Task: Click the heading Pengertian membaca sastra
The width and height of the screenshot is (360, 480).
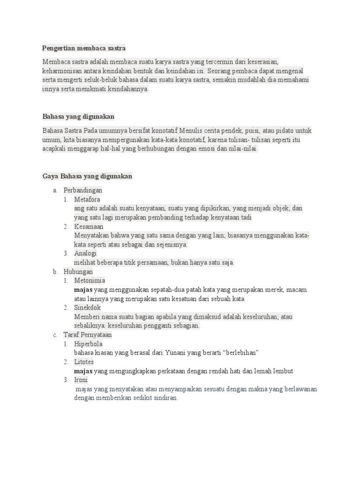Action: (84, 48)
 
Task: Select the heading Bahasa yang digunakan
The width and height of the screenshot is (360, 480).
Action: (78, 116)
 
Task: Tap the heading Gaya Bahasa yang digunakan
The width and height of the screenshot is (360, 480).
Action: (87, 176)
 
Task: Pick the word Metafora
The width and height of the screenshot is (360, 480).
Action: (87, 199)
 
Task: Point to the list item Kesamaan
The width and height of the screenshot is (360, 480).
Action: (89, 226)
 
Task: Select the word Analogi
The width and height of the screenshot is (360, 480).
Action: (85, 254)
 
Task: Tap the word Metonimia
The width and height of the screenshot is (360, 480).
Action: (90, 281)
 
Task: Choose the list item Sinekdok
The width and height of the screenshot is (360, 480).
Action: (88, 308)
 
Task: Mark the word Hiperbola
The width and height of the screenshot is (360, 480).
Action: (88, 344)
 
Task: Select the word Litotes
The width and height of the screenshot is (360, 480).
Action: (84, 362)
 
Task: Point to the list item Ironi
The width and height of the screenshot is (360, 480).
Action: (82, 380)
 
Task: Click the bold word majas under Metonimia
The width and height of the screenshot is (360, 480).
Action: (83, 290)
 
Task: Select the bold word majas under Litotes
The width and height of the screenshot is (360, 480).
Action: (83, 371)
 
